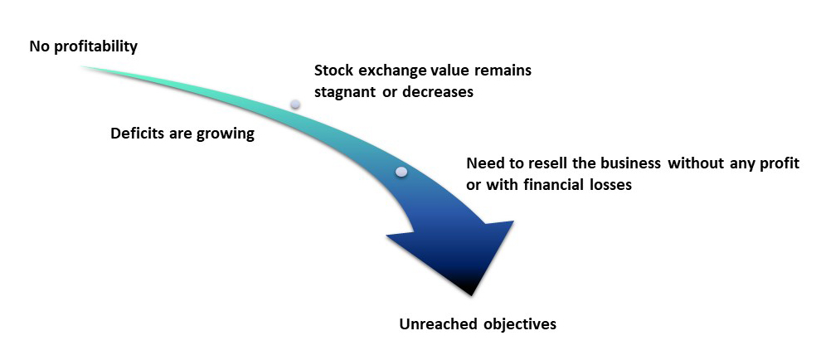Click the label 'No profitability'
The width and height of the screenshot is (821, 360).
pyautogui.click(x=83, y=46)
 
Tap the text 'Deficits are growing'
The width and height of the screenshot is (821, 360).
pyautogui.click(x=182, y=134)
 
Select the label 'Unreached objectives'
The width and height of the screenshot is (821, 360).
pyautogui.click(x=478, y=324)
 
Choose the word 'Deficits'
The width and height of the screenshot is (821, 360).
pyautogui.click(x=137, y=134)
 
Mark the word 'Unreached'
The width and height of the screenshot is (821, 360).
pyautogui.click(x=438, y=324)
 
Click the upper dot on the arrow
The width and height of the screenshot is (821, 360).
pyautogui.click(x=295, y=105)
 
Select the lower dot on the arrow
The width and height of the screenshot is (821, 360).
pyautogui.click(x=401, y=172)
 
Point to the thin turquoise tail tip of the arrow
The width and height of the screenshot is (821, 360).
pyautogui.click(x=83, y=66)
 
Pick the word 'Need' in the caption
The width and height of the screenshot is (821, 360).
pyautogui.click(x=483, y=163)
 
